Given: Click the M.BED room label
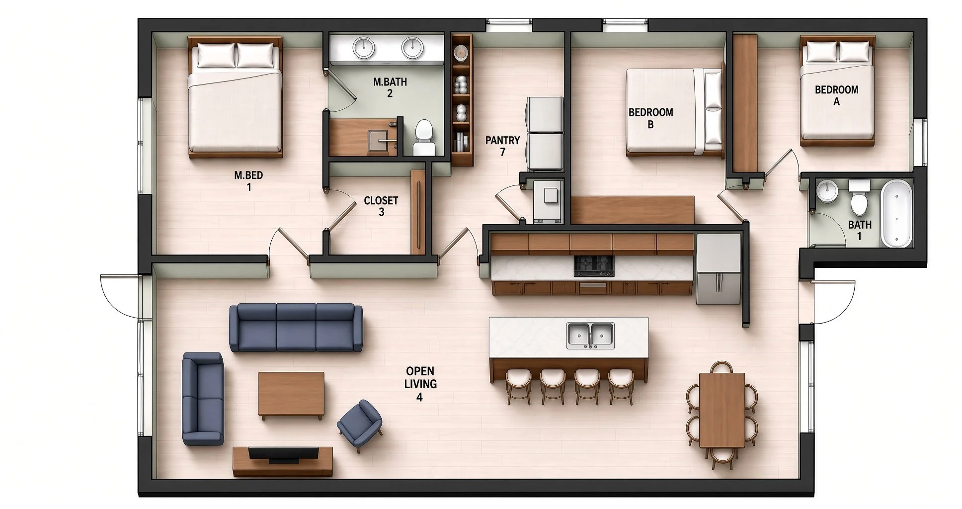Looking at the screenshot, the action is (x=248, y=181).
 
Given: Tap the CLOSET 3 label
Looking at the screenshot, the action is (x=381, y=206).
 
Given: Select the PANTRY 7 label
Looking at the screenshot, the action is (x=503, y=146).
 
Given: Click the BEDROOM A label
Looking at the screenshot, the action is (x=837, y=95).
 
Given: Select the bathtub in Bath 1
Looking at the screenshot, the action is (x=896, y=214).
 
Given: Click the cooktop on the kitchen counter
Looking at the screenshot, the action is (x=594, y=266).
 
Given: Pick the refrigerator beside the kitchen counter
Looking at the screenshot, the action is (x=719, y=269).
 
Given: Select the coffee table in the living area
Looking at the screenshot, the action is (x=291, y=395).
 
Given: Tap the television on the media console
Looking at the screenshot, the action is (x=283, y=454).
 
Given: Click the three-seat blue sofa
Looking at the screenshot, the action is (x=296, y=328).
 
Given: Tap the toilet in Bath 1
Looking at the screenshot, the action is (x=859, y=198).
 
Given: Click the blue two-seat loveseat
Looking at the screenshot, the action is (x=203, y=399).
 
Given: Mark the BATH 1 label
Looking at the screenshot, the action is (x=860, y=230).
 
